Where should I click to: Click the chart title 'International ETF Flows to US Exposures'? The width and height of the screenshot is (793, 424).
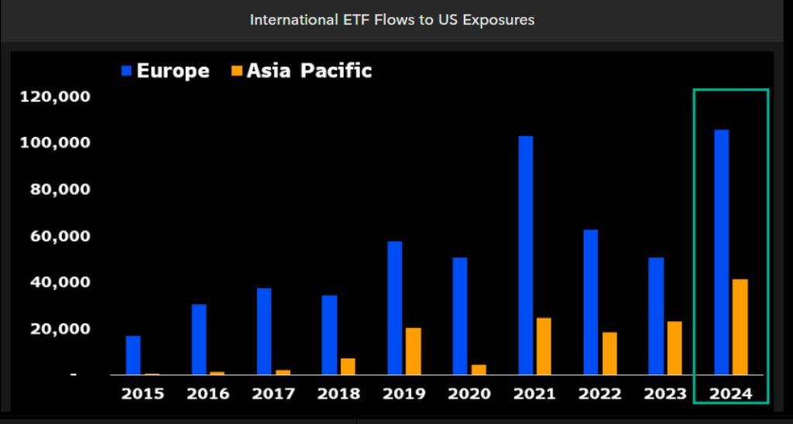(x=392, y=20)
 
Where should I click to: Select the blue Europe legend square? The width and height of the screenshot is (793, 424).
(x=127, y=71)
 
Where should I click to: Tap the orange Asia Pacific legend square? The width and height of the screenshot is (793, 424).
(x=237, y=71)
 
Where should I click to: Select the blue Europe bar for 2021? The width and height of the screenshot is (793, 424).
(x=525, y=255)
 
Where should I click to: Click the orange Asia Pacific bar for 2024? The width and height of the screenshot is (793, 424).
(x=740, y=327)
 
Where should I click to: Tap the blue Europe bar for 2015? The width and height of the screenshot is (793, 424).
(x=133, y=355)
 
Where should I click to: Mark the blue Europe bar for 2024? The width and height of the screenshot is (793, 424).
(x=721, y=252)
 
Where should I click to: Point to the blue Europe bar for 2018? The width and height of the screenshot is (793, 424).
(x=329, y=335)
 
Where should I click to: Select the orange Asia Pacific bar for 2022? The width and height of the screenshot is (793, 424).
(x=609, y=354)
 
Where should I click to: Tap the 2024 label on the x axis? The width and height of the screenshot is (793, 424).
(x=730, y=393)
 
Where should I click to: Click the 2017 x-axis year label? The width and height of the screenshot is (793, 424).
(x=273, y=393)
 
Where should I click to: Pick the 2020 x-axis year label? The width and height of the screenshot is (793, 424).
(x=469, y=393)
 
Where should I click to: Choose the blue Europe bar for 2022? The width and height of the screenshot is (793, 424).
(x=590, y=302)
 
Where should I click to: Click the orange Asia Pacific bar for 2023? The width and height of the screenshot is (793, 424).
(x=675, y=348)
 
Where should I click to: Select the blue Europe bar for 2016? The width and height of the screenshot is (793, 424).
(x=199, y=340)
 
